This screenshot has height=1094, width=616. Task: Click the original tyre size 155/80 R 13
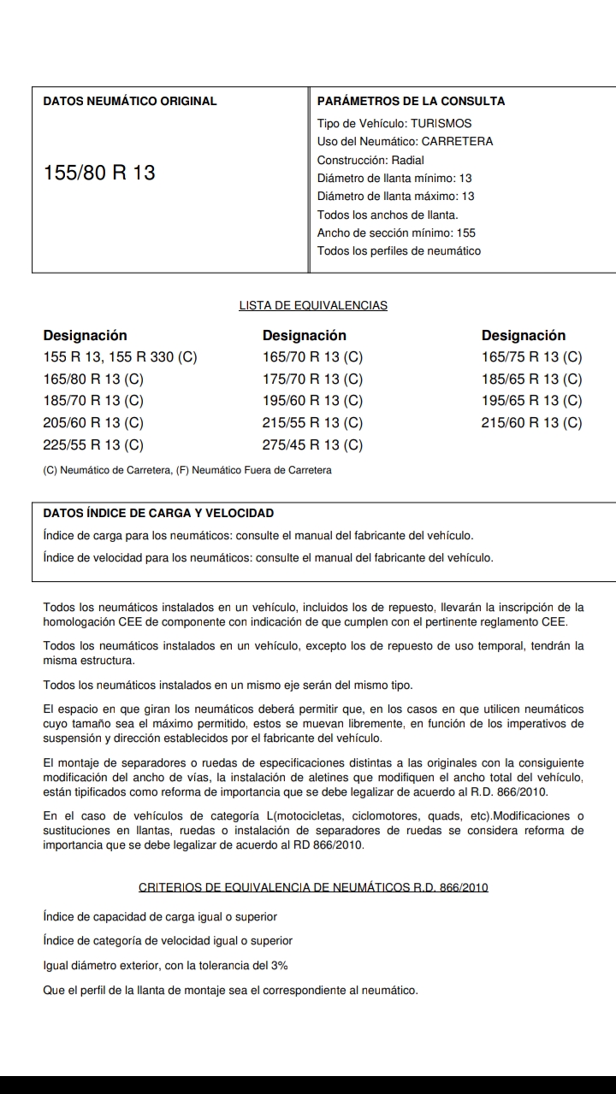coord(99,173)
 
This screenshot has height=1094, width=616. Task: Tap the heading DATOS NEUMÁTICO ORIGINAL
coord(130,101)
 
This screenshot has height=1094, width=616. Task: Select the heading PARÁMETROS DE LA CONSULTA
coord(411,101)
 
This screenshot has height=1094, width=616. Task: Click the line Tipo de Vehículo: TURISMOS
coord(394,123)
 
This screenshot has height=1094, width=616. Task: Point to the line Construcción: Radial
coord(370,160)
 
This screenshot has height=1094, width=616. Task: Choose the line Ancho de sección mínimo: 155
coord(396,232)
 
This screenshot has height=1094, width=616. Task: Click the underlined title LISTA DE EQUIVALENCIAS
coord(313,305)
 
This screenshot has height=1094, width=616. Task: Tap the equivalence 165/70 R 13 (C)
coord(312,356)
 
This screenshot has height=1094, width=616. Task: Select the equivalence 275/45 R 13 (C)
coord(312,444)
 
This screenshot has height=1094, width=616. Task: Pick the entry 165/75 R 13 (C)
coord(531,356)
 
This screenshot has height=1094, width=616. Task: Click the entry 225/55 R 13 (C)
coord(93,444)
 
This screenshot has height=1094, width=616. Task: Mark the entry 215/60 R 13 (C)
coord(531,422)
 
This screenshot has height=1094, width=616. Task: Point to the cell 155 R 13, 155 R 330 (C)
coord(120,356)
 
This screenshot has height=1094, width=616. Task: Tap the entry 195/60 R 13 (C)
coord(312,400)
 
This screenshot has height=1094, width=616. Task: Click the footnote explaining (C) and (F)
coord(187,470)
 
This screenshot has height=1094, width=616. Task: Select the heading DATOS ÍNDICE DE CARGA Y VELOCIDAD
coord(158,513)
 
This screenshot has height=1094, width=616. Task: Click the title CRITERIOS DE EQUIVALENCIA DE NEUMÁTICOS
coord(313,887)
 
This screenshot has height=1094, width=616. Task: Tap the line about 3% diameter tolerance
coord(165,965)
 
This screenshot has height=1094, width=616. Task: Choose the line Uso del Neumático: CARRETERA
coord(405,141)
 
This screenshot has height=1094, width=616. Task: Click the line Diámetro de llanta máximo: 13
coord(395,196)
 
